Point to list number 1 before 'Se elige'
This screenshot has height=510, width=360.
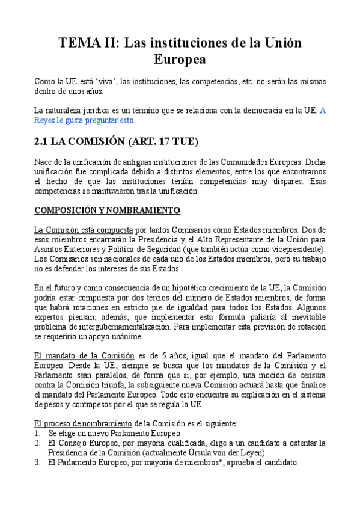coord(37,432)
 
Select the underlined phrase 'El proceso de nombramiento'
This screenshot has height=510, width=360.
coord(84,423)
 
